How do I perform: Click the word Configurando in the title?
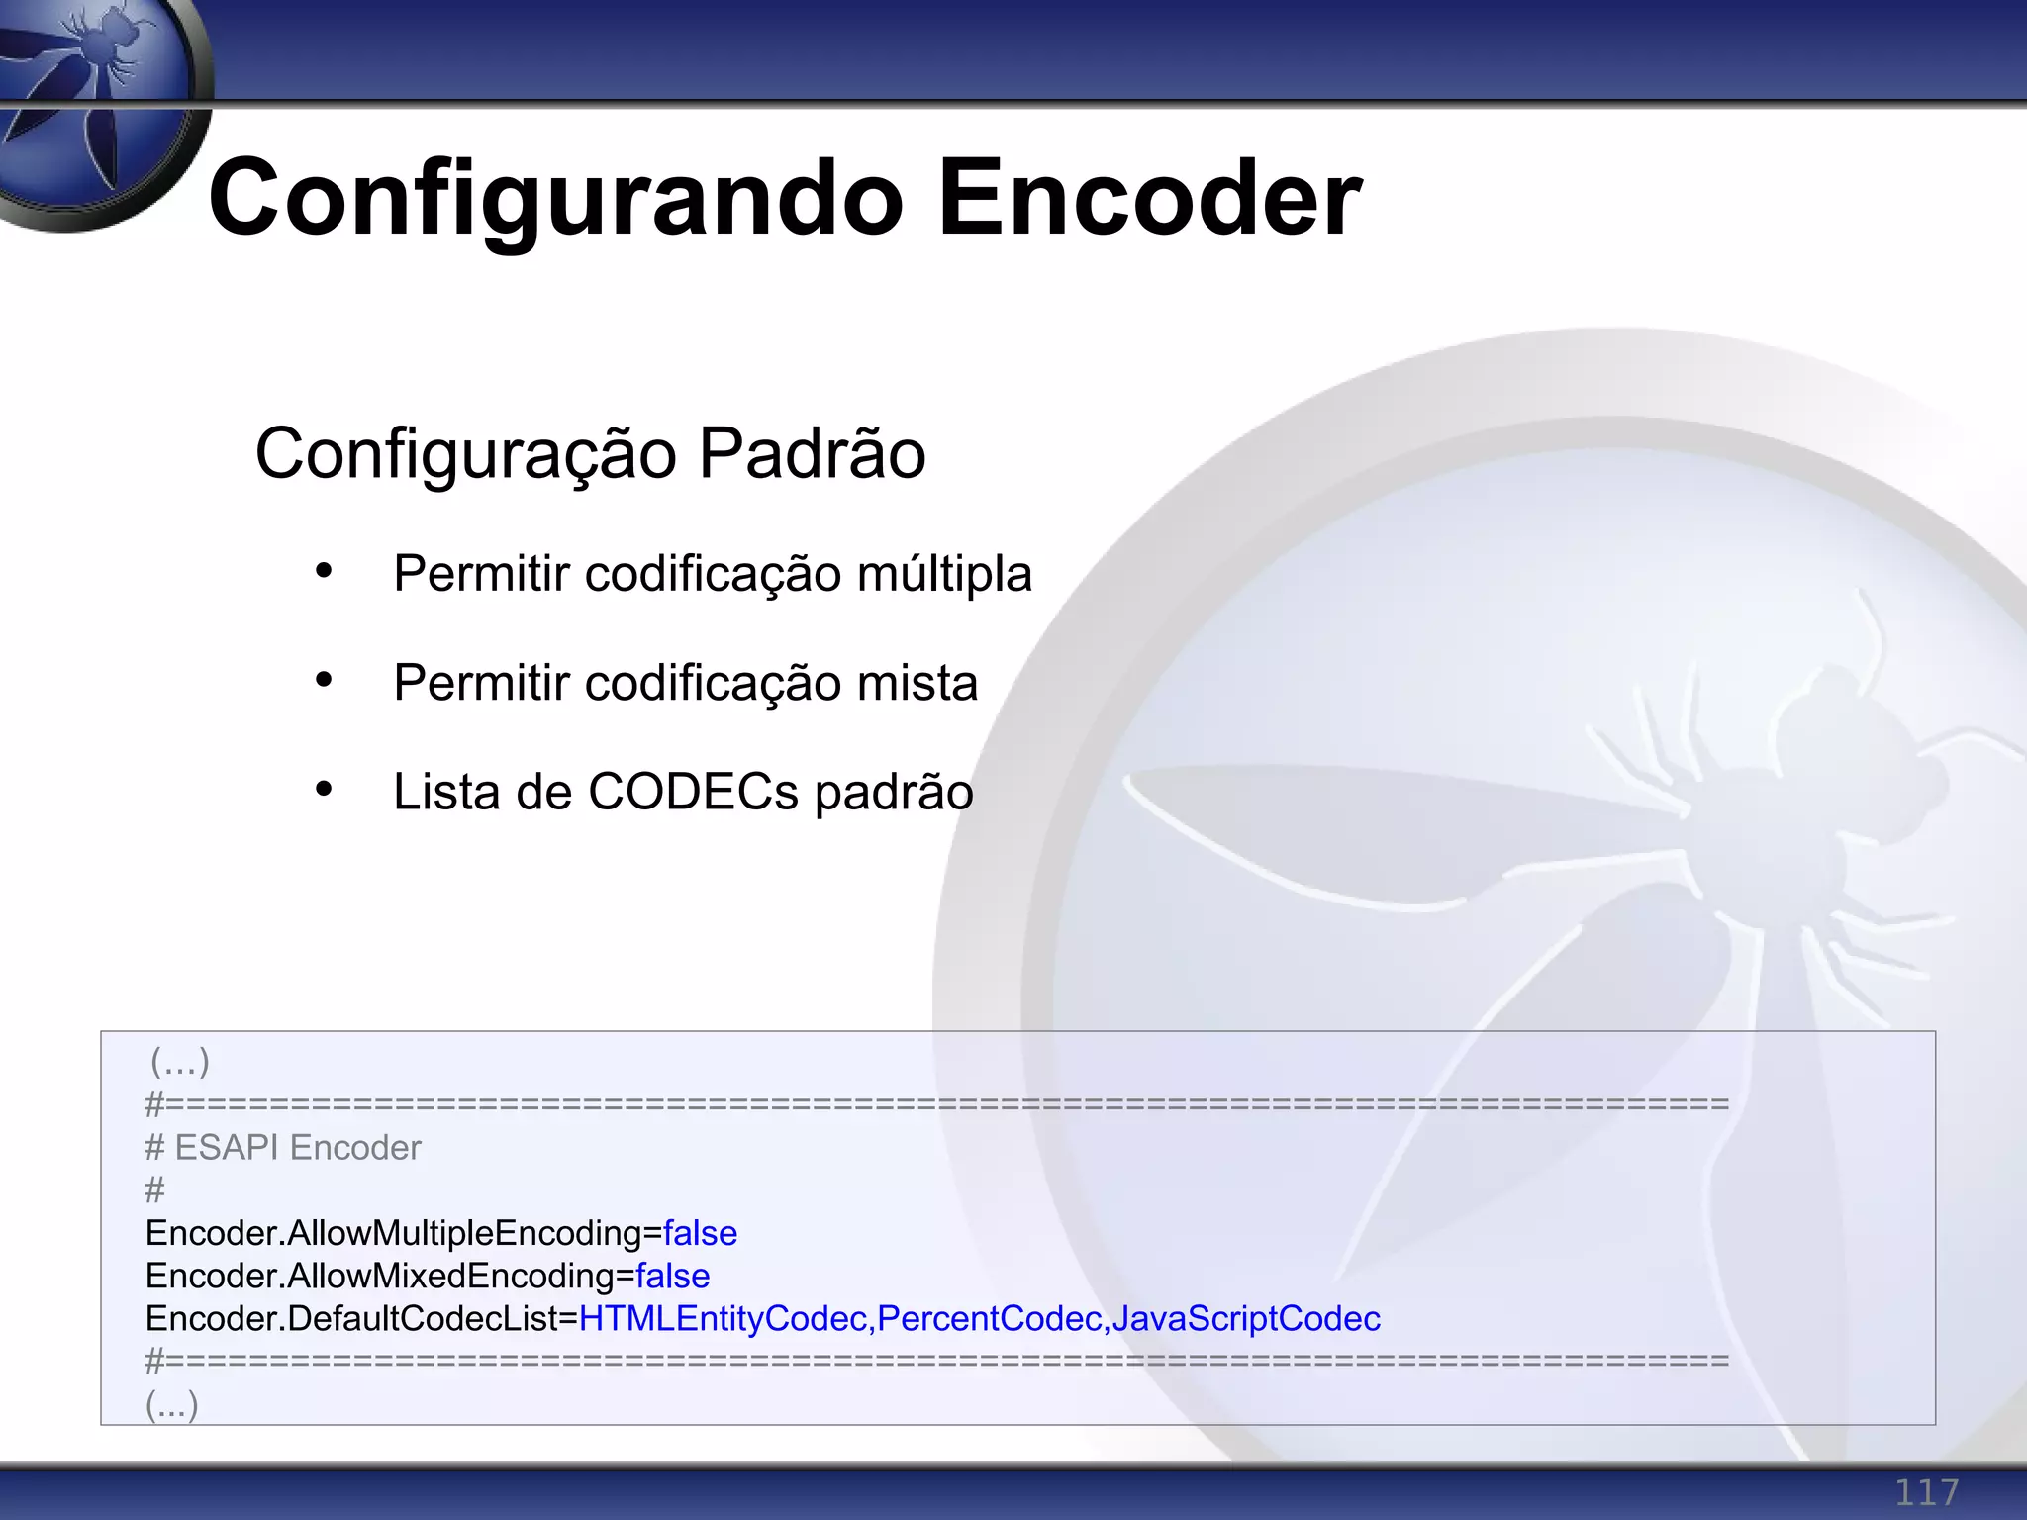[x=555, y=200]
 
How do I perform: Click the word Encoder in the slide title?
[x=1149, y=200]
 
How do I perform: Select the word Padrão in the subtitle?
[x=812, y=454]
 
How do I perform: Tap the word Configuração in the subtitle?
[x=466, y=454]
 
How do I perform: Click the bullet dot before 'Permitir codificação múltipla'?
[x=324, y=571]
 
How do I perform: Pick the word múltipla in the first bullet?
[x=944, y=574]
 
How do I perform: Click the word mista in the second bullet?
[x=917, y=683]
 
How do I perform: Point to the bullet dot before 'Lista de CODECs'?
[x=324, y=789]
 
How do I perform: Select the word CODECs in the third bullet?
[x=693, y=792]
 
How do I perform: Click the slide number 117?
[x=1926, y=1492]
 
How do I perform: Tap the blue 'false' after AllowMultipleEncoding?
[x=700, y=1233]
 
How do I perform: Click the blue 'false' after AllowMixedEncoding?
[x=672, y=1276]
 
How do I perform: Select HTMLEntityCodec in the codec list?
[x=723, y=1319]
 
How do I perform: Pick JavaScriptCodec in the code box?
[x=1246, y=1319]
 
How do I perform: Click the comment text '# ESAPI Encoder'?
[x=283, y=1148]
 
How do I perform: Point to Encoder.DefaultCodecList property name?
[x=360, y=1319]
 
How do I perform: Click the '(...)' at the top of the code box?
[x=179, y=1062]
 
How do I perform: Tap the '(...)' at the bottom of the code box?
[x=172, y=1403]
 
